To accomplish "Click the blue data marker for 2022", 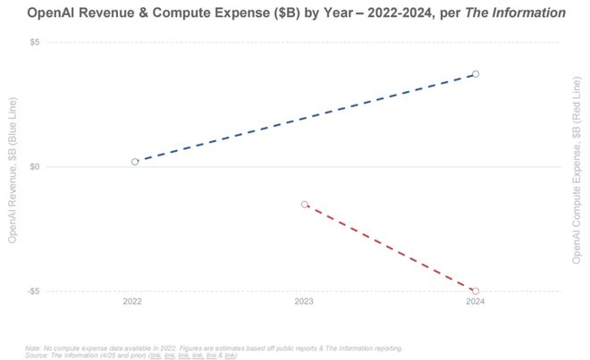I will (135, 162).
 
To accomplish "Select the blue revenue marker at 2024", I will (476, 74).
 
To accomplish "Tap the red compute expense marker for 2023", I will (305, 205).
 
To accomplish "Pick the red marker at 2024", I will (476, 291).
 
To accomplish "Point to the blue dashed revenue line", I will (304, 118).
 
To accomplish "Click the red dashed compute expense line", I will (390, 247).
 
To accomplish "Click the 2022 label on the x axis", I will (132, 302).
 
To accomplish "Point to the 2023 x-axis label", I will (304, 302).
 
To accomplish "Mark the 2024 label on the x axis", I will (475, 302).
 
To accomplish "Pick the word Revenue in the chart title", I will (122, 13).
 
